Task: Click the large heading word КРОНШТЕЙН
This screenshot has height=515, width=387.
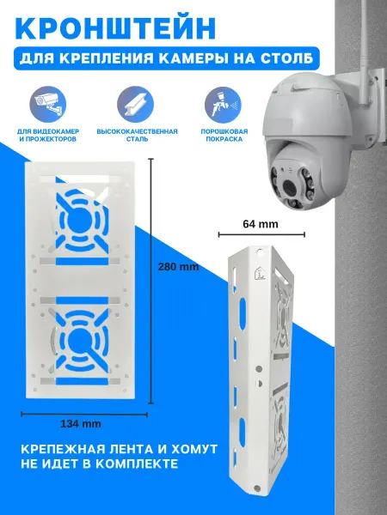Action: pos(115,28)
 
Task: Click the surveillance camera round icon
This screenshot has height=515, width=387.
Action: pos(48,105)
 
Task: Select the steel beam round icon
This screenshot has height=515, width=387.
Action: pos(135,105)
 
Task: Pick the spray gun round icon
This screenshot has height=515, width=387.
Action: pos(223,105)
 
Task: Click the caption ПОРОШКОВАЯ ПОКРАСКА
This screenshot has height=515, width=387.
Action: pos(224,136)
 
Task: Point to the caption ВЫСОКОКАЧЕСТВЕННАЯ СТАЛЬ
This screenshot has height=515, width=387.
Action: pos(138,136)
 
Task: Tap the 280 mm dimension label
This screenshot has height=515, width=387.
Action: pos(178,266)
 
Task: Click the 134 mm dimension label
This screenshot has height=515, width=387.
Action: pos(81,424)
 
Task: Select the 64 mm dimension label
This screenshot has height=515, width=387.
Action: pos(261,224)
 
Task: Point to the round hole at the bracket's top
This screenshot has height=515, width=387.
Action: pos(260,253)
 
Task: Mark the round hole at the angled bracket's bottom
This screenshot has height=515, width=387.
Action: pos(257,488)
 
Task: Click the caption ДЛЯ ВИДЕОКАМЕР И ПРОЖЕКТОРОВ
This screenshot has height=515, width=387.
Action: pos(48,136)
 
